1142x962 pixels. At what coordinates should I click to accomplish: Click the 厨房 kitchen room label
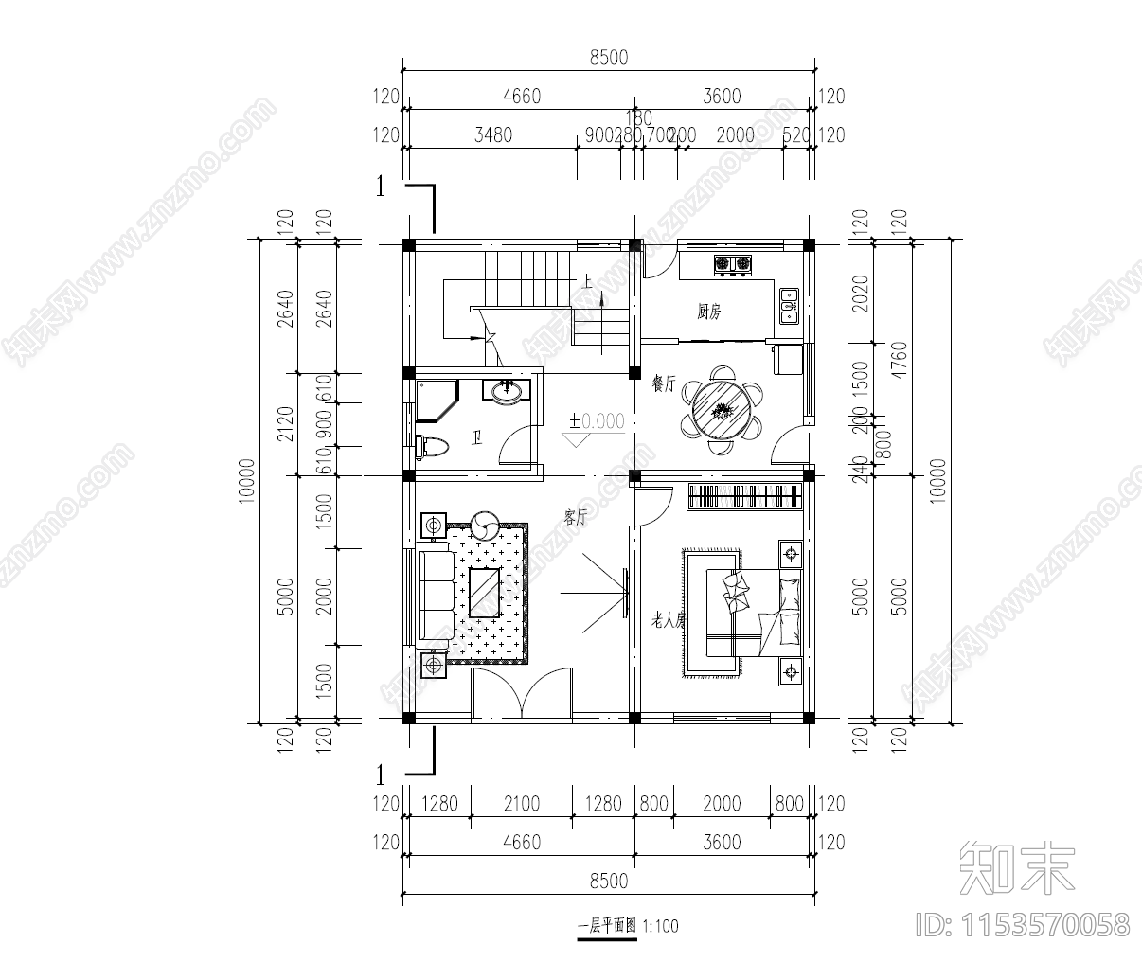pyautogui.click(x=708, y=312)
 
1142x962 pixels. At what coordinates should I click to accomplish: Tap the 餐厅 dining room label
pyautogui.click(x=663, y=383)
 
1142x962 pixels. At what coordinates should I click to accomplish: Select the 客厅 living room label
pyautogui.click(x=576, y=518)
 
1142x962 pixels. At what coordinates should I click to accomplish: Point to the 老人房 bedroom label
pyautogui.click(x=668, y=620)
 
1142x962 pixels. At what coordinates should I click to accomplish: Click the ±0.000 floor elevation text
pyautogui.click(x=597, y=421)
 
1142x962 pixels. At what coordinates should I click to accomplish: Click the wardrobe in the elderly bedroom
pyautogui.click(x=744, y=496)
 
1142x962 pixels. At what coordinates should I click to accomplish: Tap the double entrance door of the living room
pyautogui.click(x=522, y=696)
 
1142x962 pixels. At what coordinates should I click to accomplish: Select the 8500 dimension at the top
pyautogui.click(x=608, y=57)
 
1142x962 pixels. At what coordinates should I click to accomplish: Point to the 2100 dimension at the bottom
pyautogui.click(x=521, y=804)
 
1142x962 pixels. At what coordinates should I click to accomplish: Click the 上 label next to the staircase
pyautogui.click(x=587, y=281)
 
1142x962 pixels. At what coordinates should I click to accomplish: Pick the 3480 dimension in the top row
pyautogui.click(x=492, y=135)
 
